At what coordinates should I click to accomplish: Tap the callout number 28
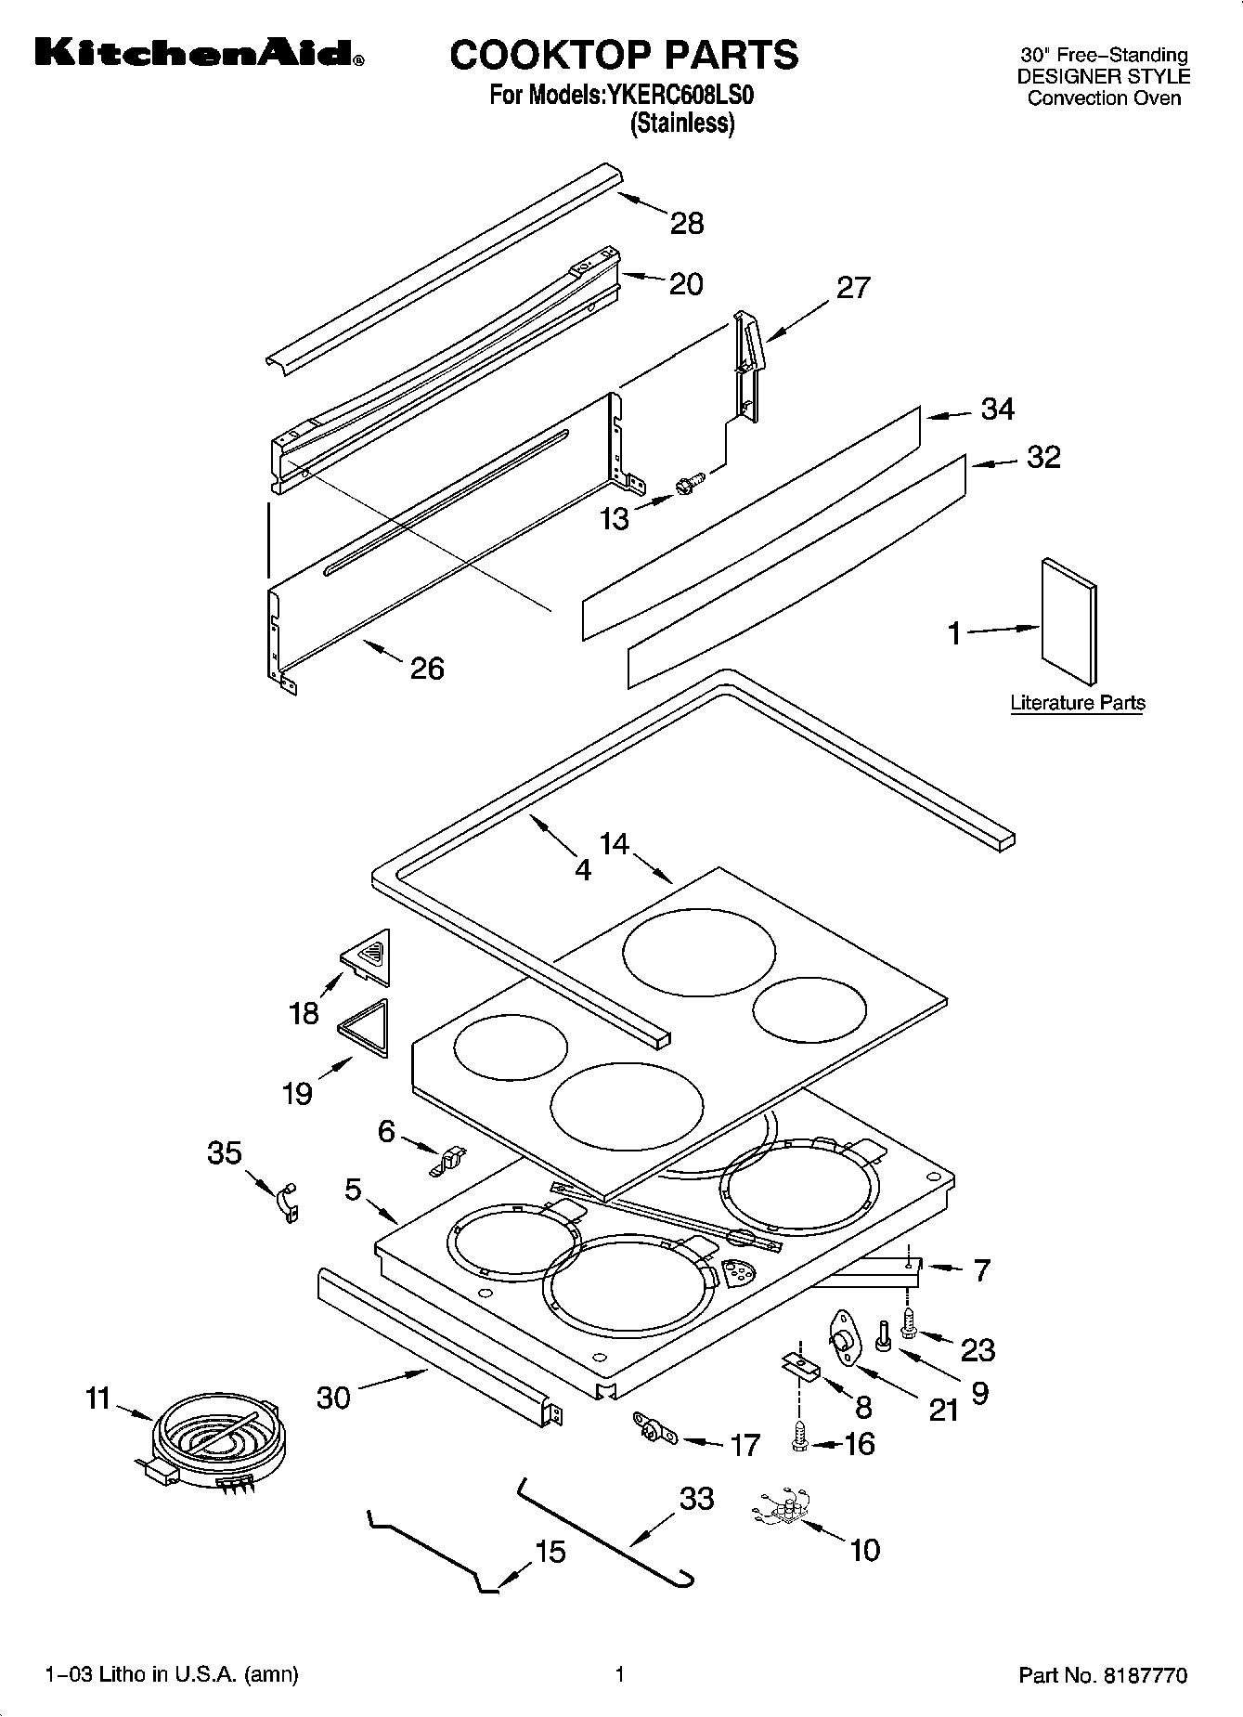687,224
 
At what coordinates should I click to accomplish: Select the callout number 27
853,288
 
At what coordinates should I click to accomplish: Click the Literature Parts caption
1077,703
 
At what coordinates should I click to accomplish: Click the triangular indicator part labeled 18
370,956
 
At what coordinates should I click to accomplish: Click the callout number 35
224,1153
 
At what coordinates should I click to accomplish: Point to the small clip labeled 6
448,1161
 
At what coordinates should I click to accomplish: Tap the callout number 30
333,1397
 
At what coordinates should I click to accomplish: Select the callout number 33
697,1498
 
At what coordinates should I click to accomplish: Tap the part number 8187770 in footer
1145,1675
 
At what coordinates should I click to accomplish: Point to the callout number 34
997,409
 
